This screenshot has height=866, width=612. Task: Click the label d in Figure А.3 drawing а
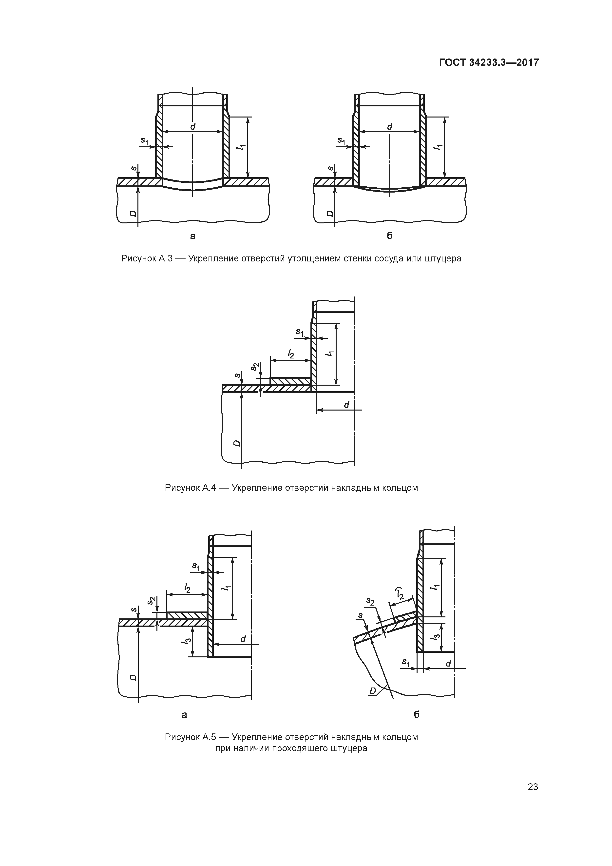tap(193, 127)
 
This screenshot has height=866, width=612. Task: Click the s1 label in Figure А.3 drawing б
tap(341, 141)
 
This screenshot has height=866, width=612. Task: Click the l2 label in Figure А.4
tap(291, 354)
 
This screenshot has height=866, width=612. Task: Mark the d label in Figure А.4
tap(346, 405)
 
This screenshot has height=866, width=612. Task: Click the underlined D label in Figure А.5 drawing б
tap(373, 691)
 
